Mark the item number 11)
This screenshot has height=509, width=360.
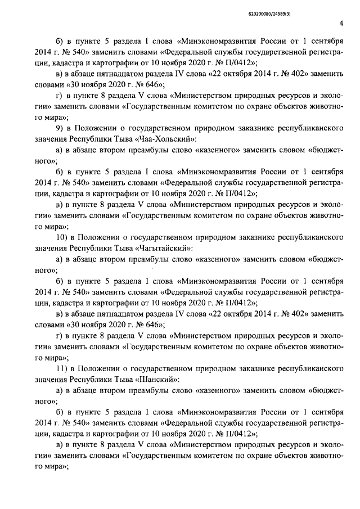pos(64,367)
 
